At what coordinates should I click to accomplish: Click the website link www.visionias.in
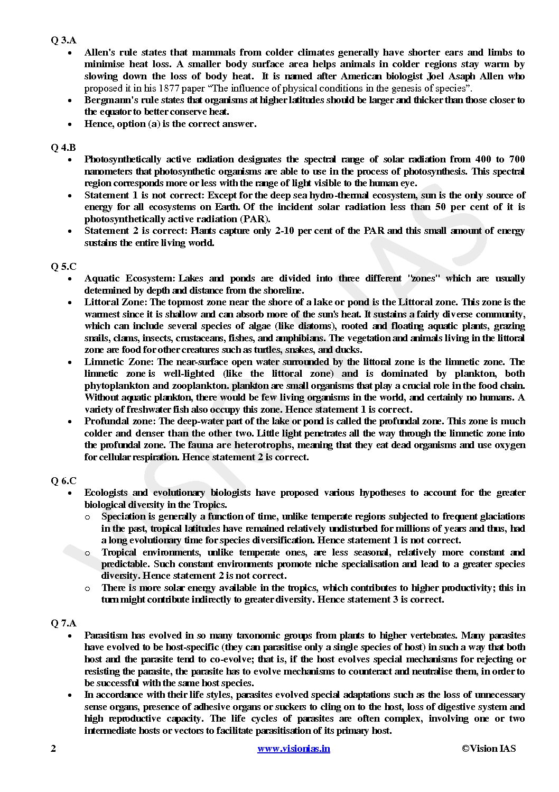294,748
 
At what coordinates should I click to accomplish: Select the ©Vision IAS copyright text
488,748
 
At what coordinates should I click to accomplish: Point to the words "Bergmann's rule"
115,100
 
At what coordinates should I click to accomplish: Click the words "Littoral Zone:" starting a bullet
116,302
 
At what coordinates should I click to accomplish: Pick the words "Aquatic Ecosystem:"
129,278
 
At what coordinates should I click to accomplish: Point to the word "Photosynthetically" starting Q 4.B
123,159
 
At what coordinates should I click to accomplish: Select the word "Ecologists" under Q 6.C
105,493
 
